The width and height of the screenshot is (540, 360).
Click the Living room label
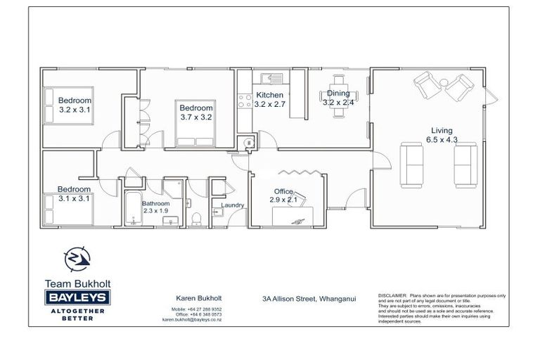pyautogui.click(x=442, y=130)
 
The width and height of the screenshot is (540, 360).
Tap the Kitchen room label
pyautogui.click(x=269, y=95)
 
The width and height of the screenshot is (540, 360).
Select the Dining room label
pyautogui.click(x=337, y=93)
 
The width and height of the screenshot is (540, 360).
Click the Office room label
pyautogui.click(x=283, y=191)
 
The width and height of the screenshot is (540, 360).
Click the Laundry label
pyautogui.click(x=232, y=205)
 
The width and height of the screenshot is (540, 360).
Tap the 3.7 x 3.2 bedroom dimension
pyautogui.click(x=195, y=117)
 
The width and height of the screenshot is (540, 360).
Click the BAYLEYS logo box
pyautogui.click(x=77, y=297)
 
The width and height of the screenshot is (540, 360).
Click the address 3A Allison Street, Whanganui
pyautogui.click(x=309, y=298)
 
